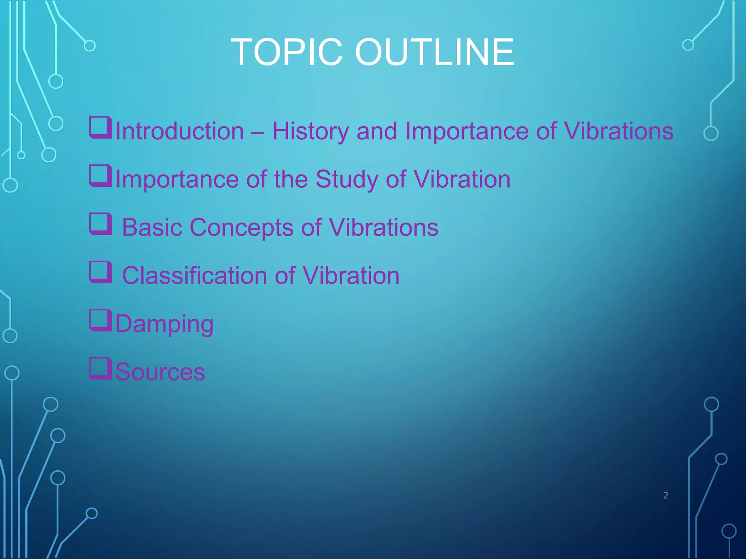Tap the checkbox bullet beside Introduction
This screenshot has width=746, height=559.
100,127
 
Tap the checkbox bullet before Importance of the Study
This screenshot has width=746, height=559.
100,176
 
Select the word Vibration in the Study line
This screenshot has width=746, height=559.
462,179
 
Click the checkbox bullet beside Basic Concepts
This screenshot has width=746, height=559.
100,224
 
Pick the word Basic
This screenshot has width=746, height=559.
152,227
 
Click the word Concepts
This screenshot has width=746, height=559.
242,228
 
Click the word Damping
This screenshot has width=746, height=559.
164,324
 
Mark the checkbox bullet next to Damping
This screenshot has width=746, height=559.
100,320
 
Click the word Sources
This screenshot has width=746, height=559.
160,372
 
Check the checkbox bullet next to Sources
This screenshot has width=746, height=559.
100,368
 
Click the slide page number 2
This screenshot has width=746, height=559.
666,495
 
